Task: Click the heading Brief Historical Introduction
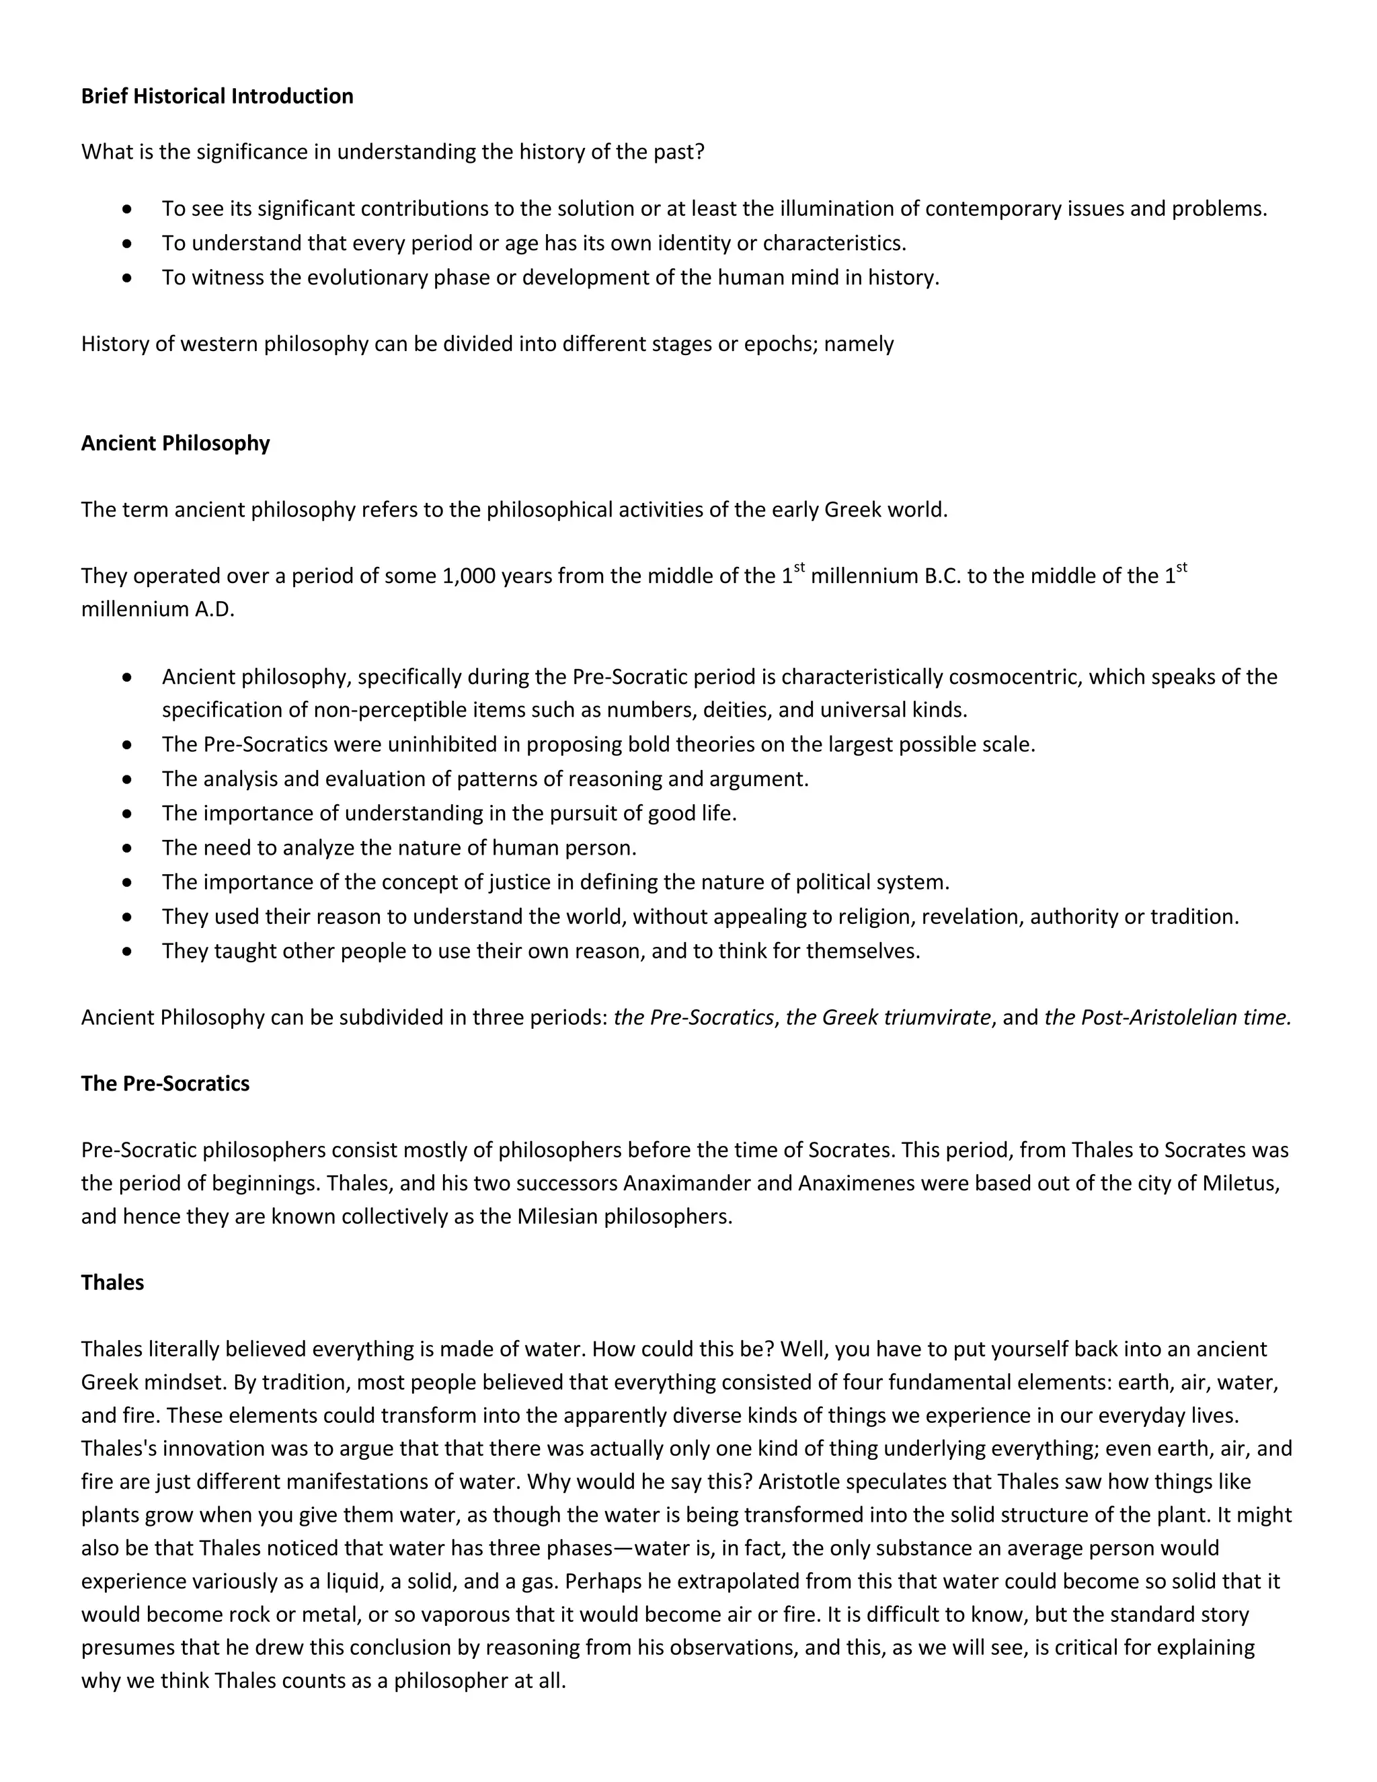[217, 96]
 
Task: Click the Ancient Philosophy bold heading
[175, 443]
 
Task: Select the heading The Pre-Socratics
[165, 1083]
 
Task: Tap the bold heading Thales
[112, 1282]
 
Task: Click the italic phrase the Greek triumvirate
[888, 1017]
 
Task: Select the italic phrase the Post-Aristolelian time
[1167, 1017]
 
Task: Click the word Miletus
[1240, 1183]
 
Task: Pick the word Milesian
[558, 1216]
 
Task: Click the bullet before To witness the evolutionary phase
[126, 278]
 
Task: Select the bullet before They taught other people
[126, 952]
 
